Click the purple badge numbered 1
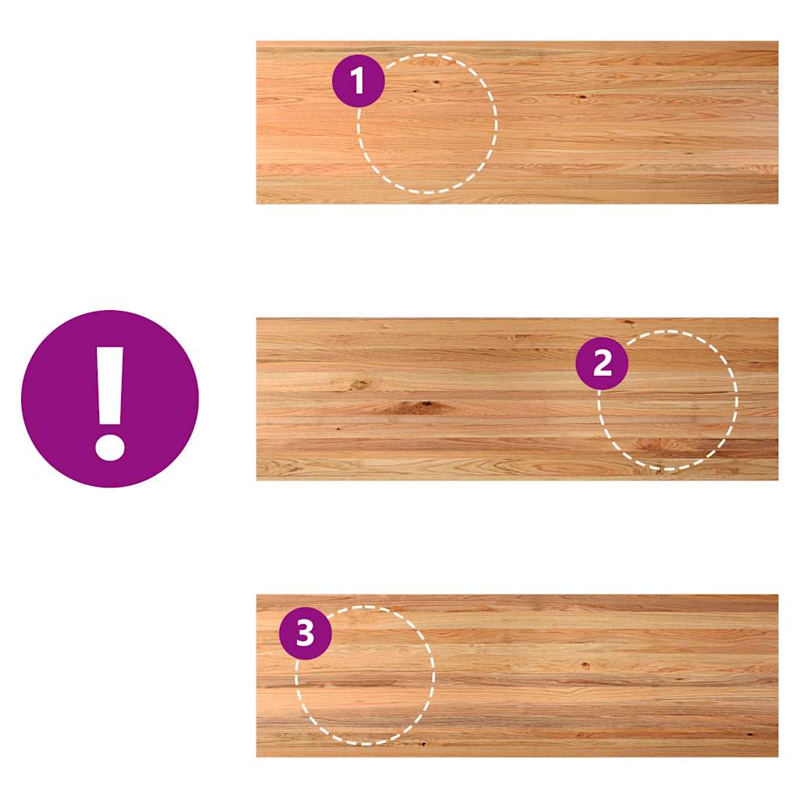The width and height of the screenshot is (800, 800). [x=358, y=80]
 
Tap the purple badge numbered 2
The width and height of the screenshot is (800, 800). [x=602, y=363]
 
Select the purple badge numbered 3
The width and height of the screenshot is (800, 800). [x=305, y=633]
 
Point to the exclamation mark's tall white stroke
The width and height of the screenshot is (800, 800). [x=110, y=386]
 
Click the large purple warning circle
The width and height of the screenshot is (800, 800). [x=109, y=399]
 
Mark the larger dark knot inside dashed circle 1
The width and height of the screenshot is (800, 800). [x=437, y=83]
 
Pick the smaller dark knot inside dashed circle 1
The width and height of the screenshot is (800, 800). [x=414, y=91]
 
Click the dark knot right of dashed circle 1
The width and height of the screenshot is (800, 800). [x=581, y=96]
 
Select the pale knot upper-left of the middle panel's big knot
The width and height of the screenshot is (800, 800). [x=359, y=384]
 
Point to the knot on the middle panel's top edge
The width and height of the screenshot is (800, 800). [x=629, y=322]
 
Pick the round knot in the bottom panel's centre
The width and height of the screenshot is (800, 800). [x=585, y=666]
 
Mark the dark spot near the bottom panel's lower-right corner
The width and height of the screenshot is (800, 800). [x=751, y=734]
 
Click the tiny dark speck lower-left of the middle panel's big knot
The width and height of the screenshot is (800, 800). [x=338, y=429]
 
